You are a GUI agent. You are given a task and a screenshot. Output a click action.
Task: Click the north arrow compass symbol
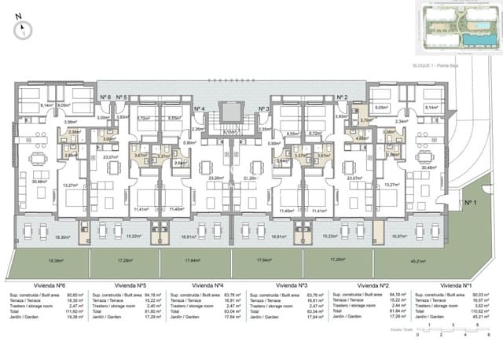24,29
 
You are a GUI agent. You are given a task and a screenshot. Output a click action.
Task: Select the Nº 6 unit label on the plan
105,97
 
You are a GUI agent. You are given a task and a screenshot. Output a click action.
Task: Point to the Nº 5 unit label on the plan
122,97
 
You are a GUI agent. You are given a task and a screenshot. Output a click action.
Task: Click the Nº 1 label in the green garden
470,203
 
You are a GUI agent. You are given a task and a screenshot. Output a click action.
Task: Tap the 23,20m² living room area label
215,178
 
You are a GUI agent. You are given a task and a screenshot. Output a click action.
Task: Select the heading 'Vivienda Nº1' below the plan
457,285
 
